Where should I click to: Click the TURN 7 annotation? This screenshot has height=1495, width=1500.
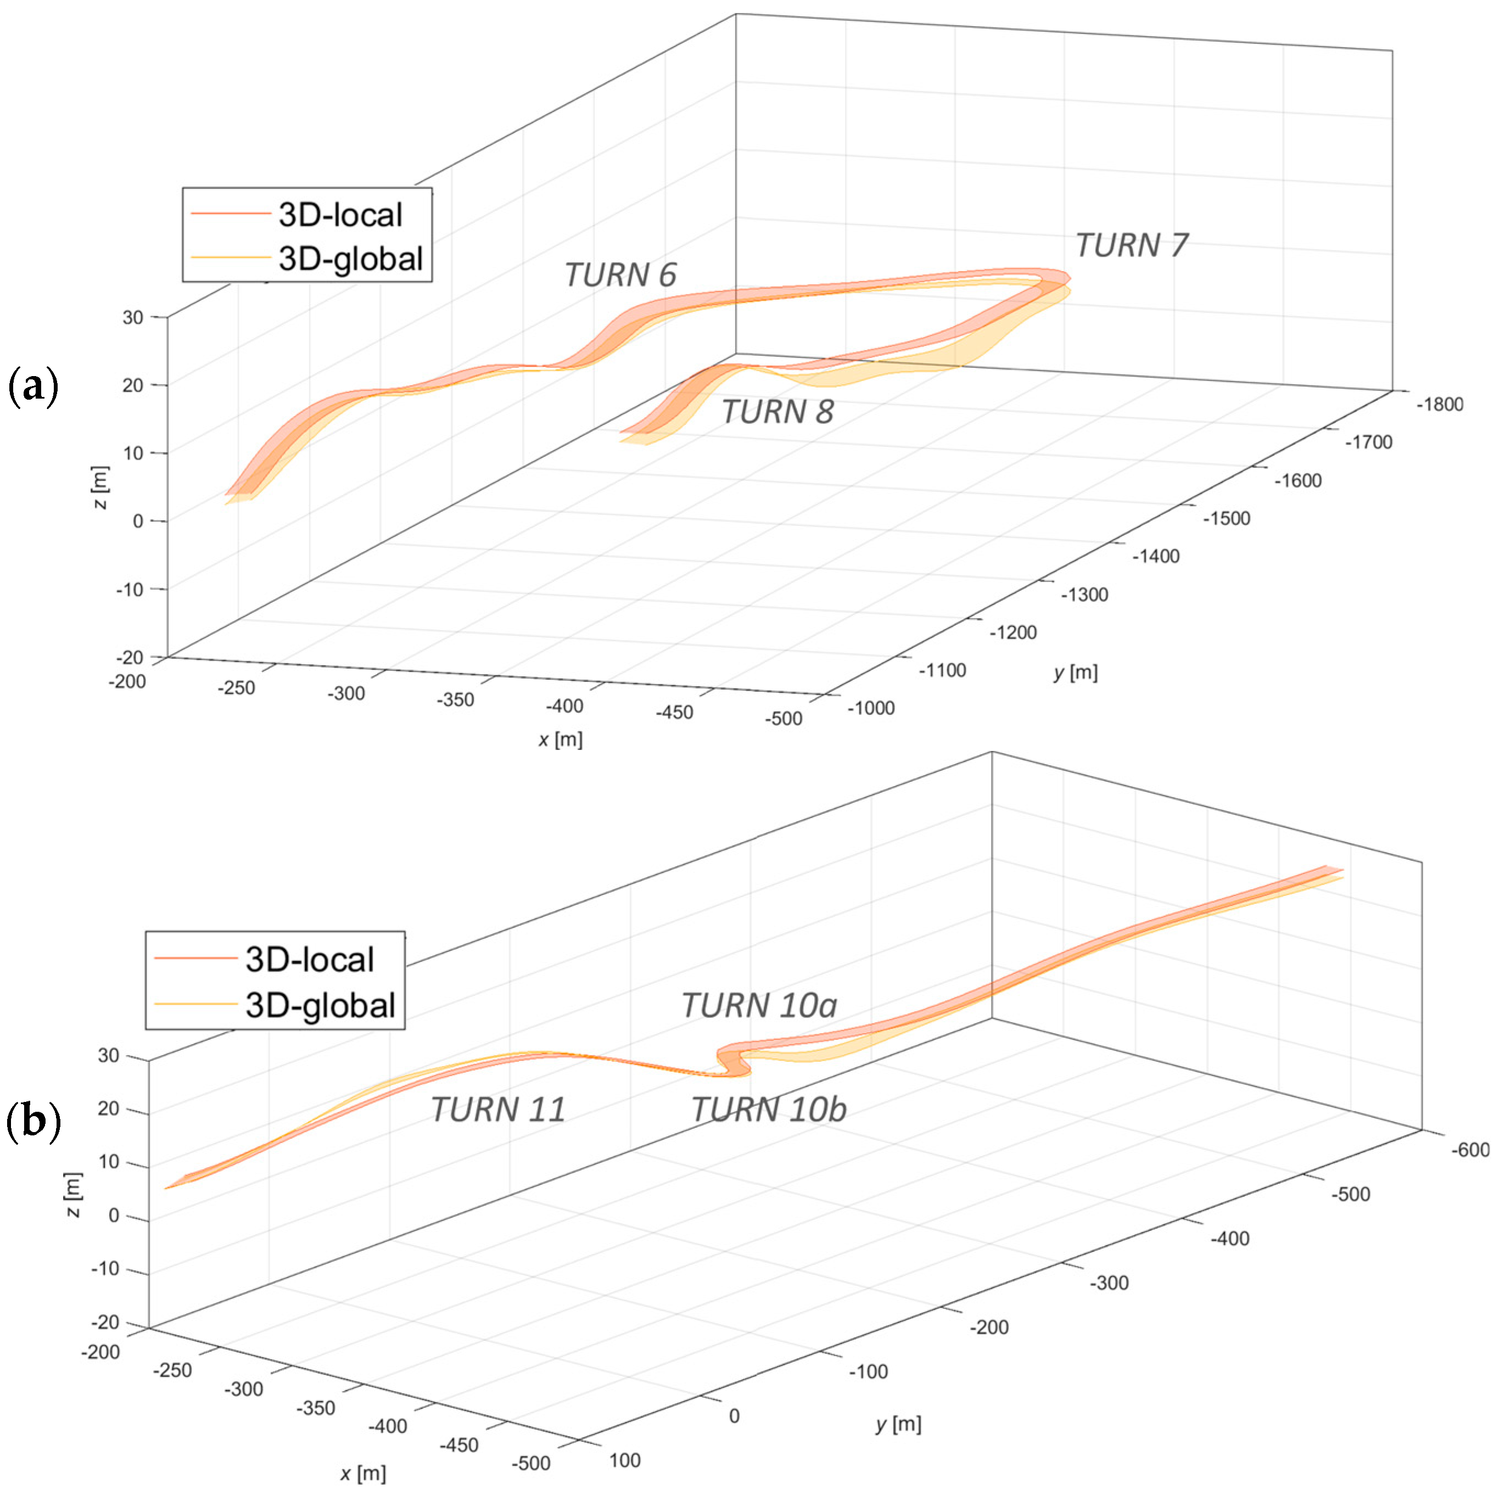click(1131, 245)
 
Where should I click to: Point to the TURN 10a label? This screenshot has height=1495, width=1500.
click(759, 1005)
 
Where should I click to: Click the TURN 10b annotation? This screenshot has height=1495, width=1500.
click(768, 1109)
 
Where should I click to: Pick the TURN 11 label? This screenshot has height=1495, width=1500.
click(497, 1109)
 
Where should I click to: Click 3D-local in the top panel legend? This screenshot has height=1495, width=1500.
click(340, 215)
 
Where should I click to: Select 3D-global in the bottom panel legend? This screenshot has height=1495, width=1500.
click(320, 1005)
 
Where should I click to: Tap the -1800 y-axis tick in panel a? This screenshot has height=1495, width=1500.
click(1440, 405)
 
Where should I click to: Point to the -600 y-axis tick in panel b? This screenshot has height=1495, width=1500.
click(1470, 1150)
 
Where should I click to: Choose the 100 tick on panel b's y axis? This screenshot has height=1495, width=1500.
click(624, 1460)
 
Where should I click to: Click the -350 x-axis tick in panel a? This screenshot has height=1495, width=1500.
click(455, 699)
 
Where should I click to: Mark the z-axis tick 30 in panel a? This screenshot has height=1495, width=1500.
click(133, 317)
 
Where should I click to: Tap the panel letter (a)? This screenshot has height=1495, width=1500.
click(32, 387)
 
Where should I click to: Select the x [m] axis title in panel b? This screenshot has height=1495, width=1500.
click(362, 1472)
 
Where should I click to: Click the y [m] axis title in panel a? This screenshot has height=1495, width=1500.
click(1075, 672)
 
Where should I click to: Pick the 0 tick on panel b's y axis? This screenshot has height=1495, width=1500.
click(734, 1416)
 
